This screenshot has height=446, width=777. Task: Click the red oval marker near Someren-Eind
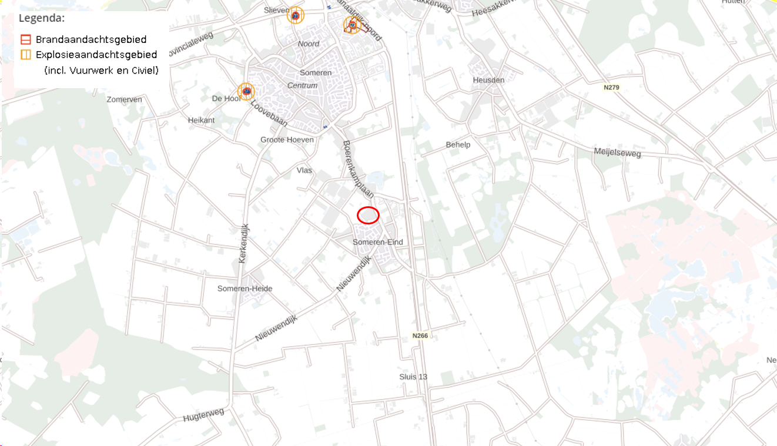click(368, 216)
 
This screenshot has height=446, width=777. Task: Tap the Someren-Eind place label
click(378, 242)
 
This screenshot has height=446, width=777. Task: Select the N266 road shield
click(420, 336)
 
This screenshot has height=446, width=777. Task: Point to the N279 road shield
click(611, 88)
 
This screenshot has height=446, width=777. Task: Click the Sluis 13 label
click(413, 377)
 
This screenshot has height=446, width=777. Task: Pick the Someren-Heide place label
click(245, 289)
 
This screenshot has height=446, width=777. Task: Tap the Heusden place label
click(488, 80)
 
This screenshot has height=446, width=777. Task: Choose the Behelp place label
click(458, 145)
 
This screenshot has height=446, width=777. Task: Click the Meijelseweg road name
click(617, 153)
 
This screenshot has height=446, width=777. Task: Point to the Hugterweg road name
click(203, 415)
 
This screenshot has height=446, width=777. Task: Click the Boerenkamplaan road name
click(359, 171)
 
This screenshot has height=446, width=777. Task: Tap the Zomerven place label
click(124, 99)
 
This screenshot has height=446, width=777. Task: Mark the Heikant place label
click(201, 120)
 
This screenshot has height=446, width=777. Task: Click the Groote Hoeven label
click(287, 139)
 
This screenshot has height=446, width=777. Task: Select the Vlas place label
click(304, 170)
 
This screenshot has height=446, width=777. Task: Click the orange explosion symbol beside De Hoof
click(246, 91)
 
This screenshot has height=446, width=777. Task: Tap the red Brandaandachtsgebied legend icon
click(25, 40)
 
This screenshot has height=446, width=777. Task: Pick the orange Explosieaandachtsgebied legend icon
click(25, 55)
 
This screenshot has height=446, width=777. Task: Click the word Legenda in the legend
click(42, 18)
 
